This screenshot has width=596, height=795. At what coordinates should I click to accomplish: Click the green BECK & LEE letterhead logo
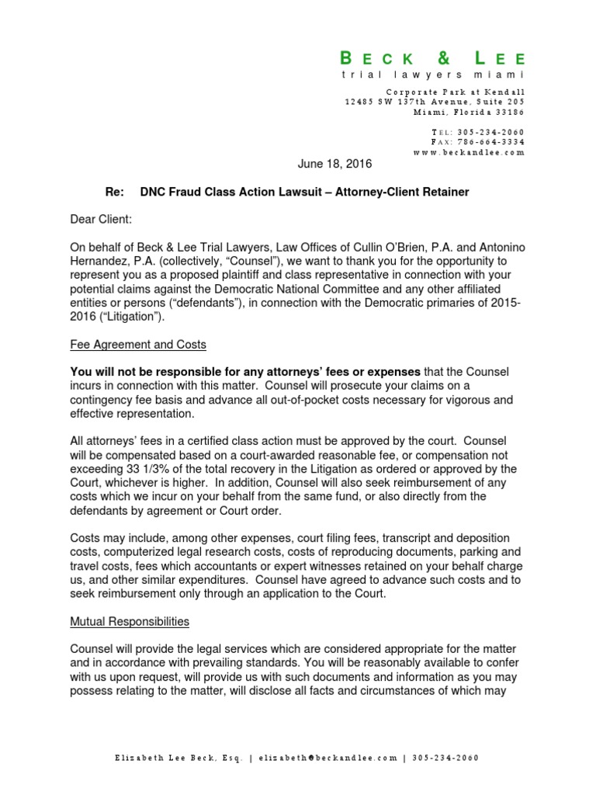tap(433, 58)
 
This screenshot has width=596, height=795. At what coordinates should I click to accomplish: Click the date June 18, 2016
tap(335, 164)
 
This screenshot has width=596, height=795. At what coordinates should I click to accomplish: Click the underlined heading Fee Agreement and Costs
tap(138, 344)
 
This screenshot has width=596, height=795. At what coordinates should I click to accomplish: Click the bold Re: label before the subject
tap(114, 191)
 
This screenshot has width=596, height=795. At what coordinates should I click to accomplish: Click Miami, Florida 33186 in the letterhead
tap(469, 113)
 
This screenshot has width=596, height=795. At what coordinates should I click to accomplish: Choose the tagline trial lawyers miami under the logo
tap(433, 75)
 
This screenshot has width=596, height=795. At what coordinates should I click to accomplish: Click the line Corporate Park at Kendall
tap(463, 92)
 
